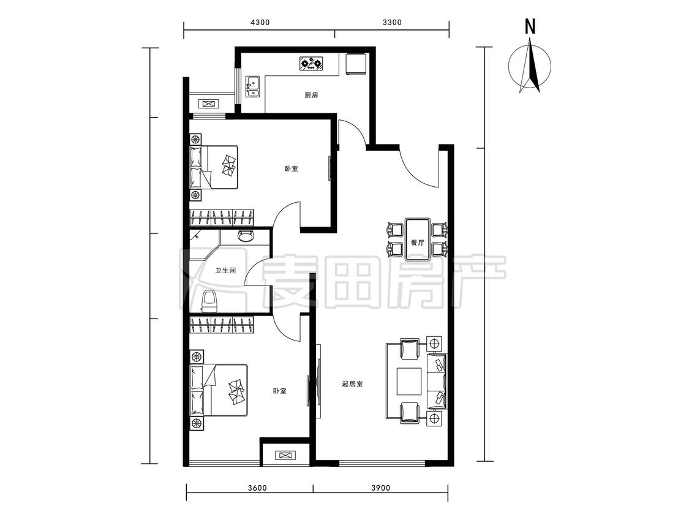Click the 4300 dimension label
[x=260, y=23]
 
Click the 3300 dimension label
[x=392, y=23]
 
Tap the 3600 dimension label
[x=257, y=488]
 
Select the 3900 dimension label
[x=380, y=488]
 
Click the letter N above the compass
[x=530, y=27]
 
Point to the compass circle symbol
[x=530, y=66]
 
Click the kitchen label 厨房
[x=311, y=95]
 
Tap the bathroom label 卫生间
[x=225, y=270]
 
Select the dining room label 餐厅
[x=418, y=242]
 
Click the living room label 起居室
[x=352, y=384]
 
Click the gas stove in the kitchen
[x=312, y=64]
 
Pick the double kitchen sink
[x=253, y=86]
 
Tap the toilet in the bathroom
[x=209, y=301]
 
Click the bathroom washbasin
[x=245, y=236]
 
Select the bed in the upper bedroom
[x=214, y=167]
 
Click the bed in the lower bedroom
[x=219, y=390]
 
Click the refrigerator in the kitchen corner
[x=356, y=64]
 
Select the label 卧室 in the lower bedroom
[x=279, y=391]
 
